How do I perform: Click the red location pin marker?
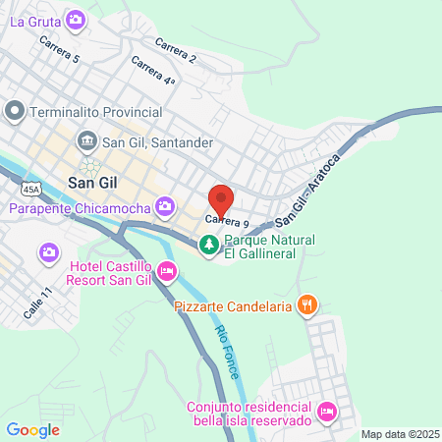tap(221, 199)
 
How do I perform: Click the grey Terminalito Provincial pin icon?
tap(15, 111)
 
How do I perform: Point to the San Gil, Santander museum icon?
tap(86, 142)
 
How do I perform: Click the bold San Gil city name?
tap(94, 182)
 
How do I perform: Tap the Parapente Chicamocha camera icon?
tap(164, 206)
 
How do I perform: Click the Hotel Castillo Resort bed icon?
tap(168, 269)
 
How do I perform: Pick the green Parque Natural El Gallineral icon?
tap(208, 246)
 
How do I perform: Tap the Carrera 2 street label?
tap(176, 51)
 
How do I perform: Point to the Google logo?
tap(33, 428)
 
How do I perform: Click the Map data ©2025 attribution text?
tap(399, 433)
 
